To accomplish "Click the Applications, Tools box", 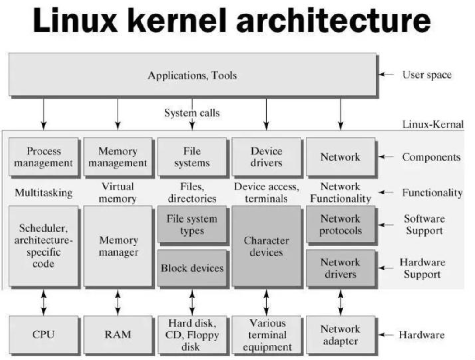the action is click(x=193, y=75).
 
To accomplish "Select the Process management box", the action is click(x=43, y=157).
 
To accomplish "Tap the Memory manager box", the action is click(x=118, y=246).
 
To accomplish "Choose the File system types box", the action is click(x=192, y=224).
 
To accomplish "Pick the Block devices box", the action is click(x=192, y=268).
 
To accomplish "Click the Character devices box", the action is click(x=266, y=246).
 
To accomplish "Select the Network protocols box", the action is click(x=340, y=224).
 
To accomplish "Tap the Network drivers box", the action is click(x=340, y=268).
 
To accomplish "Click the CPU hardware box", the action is click(x=43, y=335).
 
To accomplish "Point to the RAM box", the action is click(x=118, y=335).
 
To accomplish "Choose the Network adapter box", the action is click(x=340, y=335).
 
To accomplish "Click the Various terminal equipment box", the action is click(x=266, y=335).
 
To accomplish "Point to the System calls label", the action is click(x=192, y=113).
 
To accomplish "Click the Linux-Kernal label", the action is click(x=433, y=124).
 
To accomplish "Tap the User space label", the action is click(x=427, y=75).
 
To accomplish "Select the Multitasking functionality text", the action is click(x=44, y=193).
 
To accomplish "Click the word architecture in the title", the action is click(x=333, y=20).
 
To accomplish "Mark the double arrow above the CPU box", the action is click(x=44, y=303).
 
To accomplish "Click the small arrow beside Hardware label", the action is click(x=386, y=335).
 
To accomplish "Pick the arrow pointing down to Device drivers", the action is click(x=266, y=114).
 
